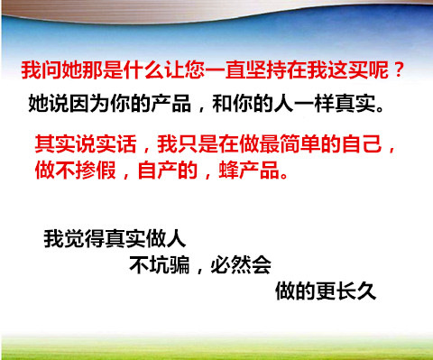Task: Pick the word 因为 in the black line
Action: point(89,104)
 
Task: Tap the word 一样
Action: point(314,104)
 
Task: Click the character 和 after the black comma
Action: point(222,104)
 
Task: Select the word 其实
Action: point(55,144)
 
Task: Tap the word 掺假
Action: point(96,171)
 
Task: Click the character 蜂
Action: point(229,171)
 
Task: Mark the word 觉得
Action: point(84,239)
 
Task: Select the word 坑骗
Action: point(170,265)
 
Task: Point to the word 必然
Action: point(231,265)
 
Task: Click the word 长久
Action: point(356,291)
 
